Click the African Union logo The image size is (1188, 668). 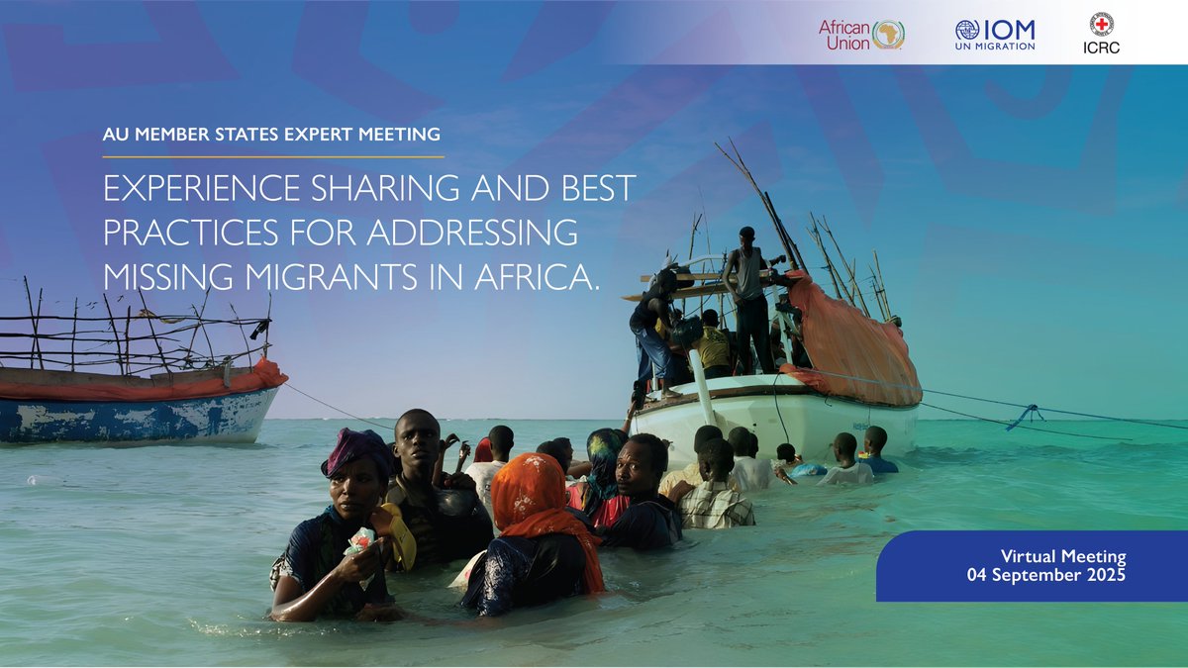pyautogui.click(x=860, y=35)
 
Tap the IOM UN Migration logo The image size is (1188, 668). pyautogui.click(x=995, y=35)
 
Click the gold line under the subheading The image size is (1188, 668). pyautogui.click(x=273, y=156)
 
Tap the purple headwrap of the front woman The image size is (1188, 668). pyautogui.click(x=355, y=450)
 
